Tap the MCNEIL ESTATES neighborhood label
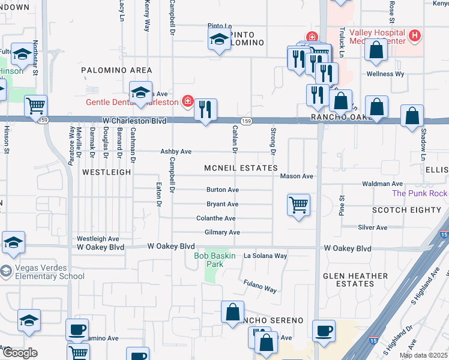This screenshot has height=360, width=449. pyautogui.click(x=240, y=168)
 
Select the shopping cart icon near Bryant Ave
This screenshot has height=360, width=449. pyautogui.click(x=298, y=205)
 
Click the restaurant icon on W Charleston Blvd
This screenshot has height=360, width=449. pyautogui.click(x=206, y=110)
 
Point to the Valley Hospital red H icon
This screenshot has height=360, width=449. pyautogui.click(x=414, y=36)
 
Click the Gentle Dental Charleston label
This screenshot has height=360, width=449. pyautogui.click(x=132, y=101)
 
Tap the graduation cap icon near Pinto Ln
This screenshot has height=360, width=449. pyautogui.click(x=219, y=40)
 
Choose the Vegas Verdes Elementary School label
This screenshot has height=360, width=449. pyautogui.click(x=42, y=272)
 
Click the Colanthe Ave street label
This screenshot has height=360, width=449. pyautogui.click(x=216, y=218)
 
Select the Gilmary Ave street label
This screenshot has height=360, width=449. pyautogui.click(x=222, y=232)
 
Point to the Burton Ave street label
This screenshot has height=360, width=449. pyautogui.click(x=223, y=190)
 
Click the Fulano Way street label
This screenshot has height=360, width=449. pyautogui.click(x=260, y=286)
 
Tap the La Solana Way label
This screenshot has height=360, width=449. pyautogui.click(x=265, y=256)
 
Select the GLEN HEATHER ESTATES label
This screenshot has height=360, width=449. pyautogui.click(x=355, y=280)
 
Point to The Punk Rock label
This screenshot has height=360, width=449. pyautogui.click(x=420, y=193)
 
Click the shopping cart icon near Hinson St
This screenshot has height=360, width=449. pyautogui.click(x=36, y=106)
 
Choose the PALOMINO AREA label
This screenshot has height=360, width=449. pyautogui.click(x=116, y=70)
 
